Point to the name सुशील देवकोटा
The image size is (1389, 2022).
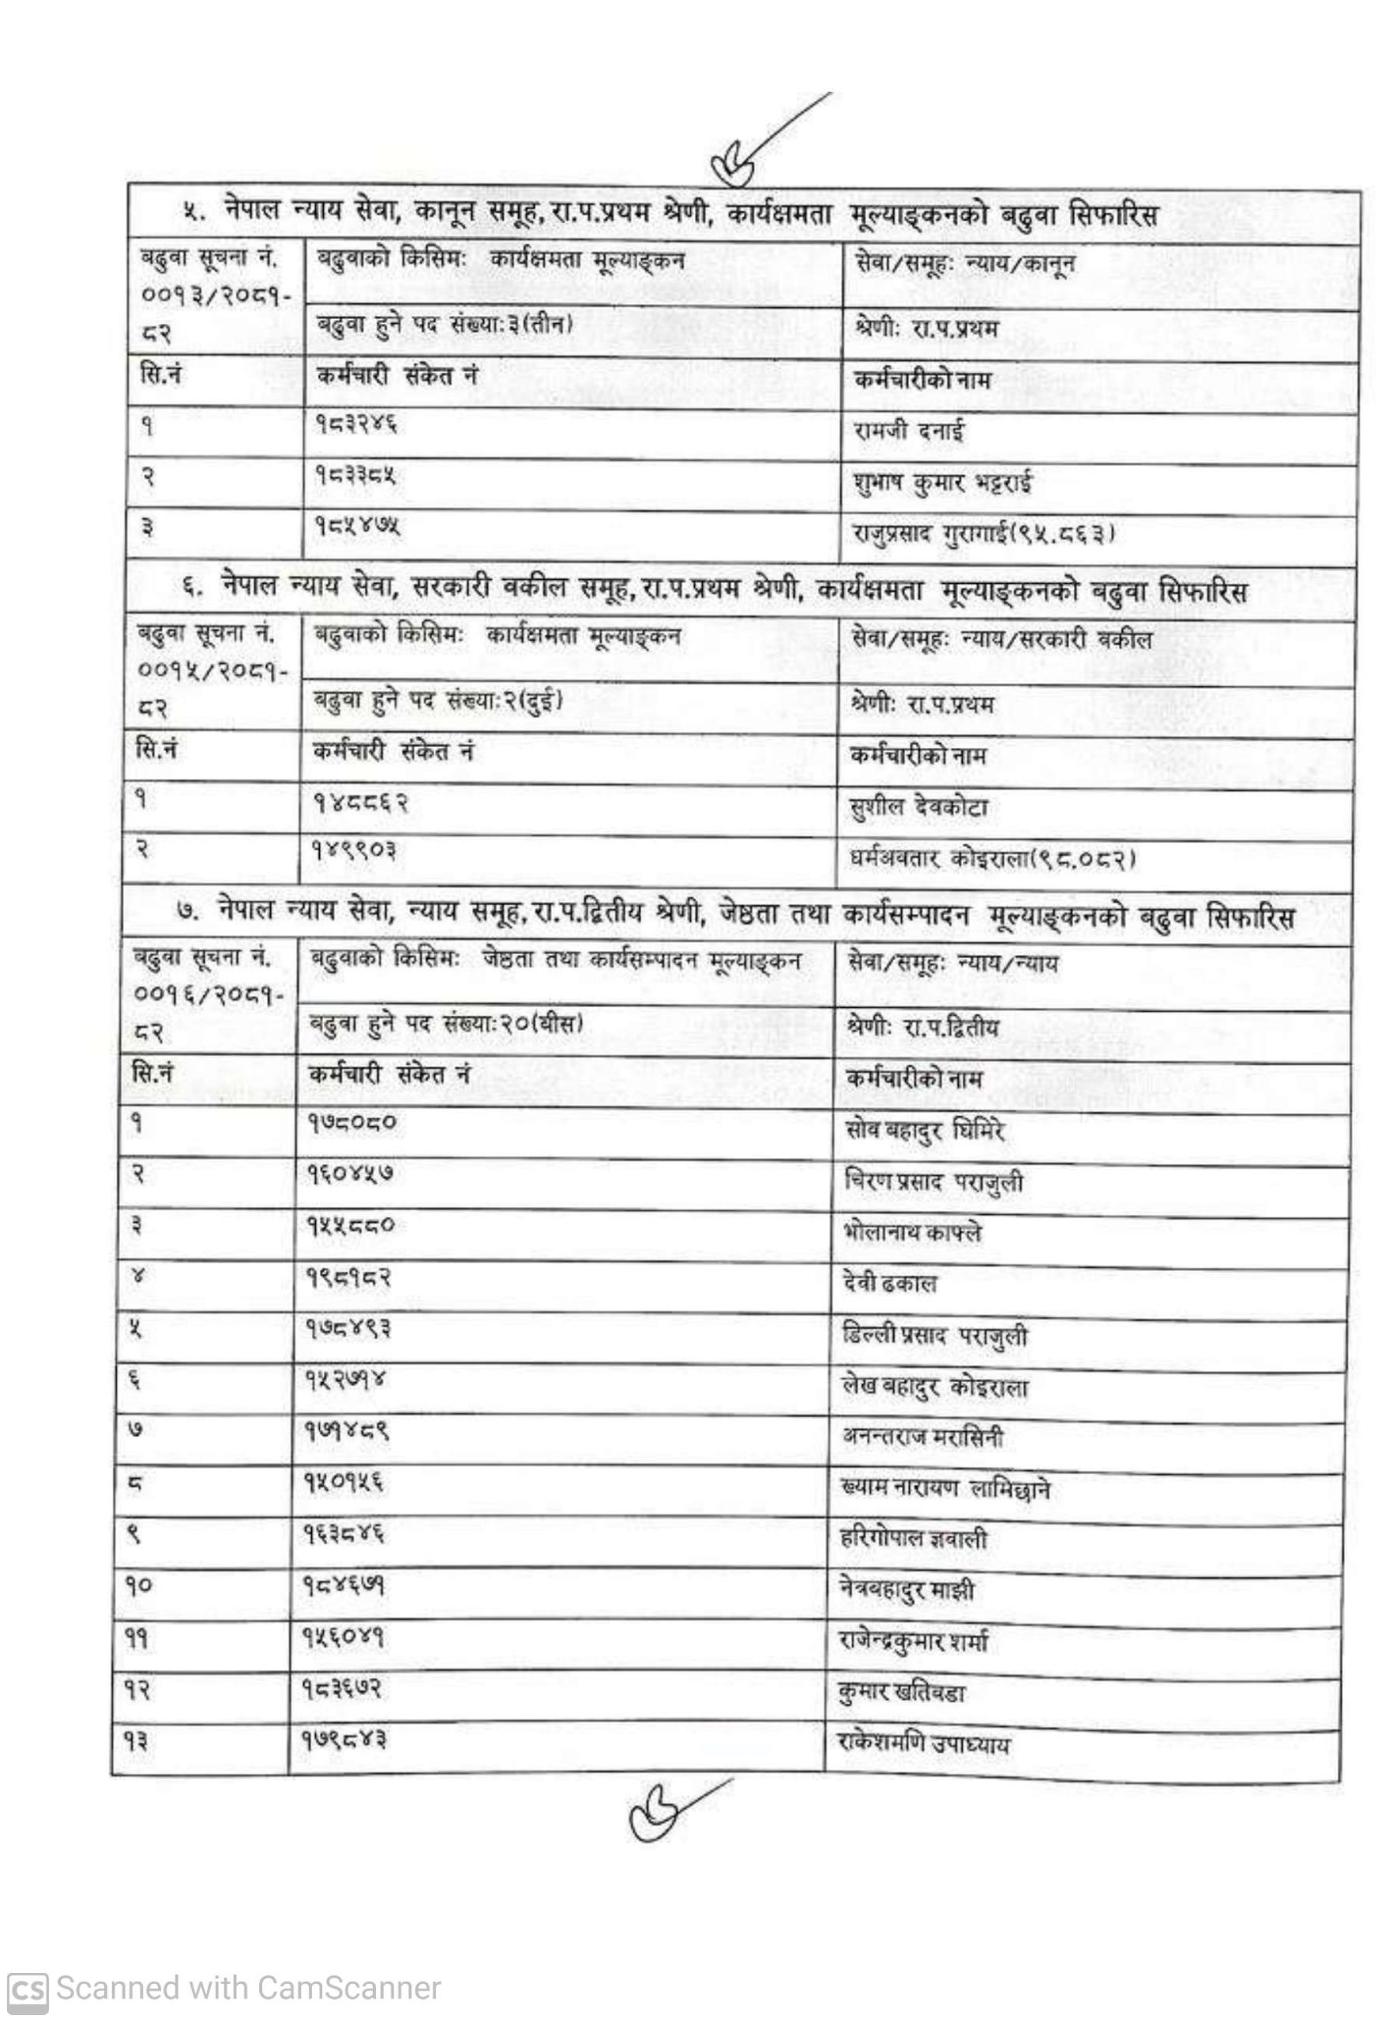coord(918,807)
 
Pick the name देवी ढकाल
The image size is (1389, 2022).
coord(889,1283)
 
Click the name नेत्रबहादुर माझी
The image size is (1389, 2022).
coord(907,1590)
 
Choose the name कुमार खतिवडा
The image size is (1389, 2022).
coord(901,1693)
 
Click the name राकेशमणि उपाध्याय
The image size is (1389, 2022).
coord(922,1744)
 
